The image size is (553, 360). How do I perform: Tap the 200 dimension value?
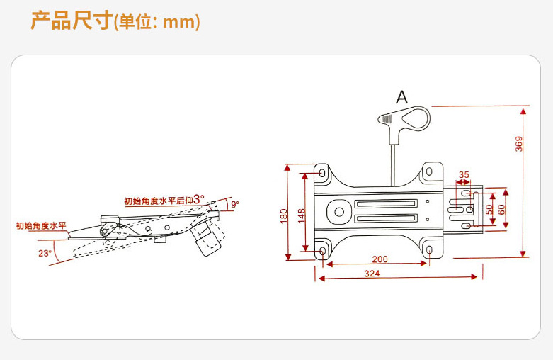[380, 259]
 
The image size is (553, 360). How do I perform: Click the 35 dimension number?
[464, 174]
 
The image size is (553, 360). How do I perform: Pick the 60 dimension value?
[501, 210]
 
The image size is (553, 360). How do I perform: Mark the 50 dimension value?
[489, 210]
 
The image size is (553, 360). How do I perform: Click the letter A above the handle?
[401, 98]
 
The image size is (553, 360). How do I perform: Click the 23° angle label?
[45, 253]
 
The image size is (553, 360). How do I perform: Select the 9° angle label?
[234, 204]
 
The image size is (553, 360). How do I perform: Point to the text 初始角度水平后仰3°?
[164, 200]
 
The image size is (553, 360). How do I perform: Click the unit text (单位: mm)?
[157, 23]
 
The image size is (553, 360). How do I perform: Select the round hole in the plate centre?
[338, 210]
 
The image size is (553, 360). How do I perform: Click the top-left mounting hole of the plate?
[323, 172]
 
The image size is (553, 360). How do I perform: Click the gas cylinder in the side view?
[207, 239]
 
